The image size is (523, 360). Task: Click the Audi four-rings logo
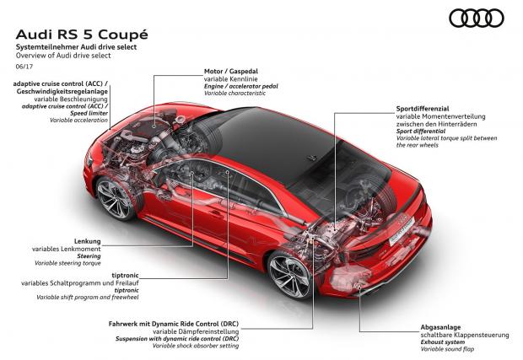pyautogui.click(x=477, y=18)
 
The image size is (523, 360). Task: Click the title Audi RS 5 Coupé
pyautogui.click(x=82, y=35)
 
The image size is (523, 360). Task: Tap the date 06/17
pyautogui.click(x=24, y=67)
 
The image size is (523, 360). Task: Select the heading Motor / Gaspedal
pyautogui.click(x=231, y=71)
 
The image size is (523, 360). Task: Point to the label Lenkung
pyautogui.click(x=88, y=241)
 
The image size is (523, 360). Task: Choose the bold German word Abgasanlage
pyautogui.click(x=440, y=327)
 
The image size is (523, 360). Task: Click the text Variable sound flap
pyautogui.click(x=447, y=349)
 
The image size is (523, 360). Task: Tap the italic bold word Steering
pyautogui.click(x=89, y=256)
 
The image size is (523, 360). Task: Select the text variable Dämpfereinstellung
pyautogui.click(x=196, y=331)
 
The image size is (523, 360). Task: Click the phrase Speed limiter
pyautogui.click(x=89, y=113)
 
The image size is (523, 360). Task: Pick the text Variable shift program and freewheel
pyautogui.click(x=88, y=298)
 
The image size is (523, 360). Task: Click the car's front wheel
pyautogui.click(x=115, y=199)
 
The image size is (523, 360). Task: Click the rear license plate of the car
pyautogui.click(x=402, y=230)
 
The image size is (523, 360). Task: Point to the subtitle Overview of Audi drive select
pyautogui.click(x=63, y=56)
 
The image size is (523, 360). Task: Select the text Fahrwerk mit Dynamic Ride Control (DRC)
pyautogui.click(x=174, y=324)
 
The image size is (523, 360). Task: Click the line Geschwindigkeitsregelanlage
pyautogui.click(x=62, y=91)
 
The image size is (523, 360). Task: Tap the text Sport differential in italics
pyautogui.click(x=421, y=132)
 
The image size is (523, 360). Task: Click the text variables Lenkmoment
pyautogui.click(x=67, y=249)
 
